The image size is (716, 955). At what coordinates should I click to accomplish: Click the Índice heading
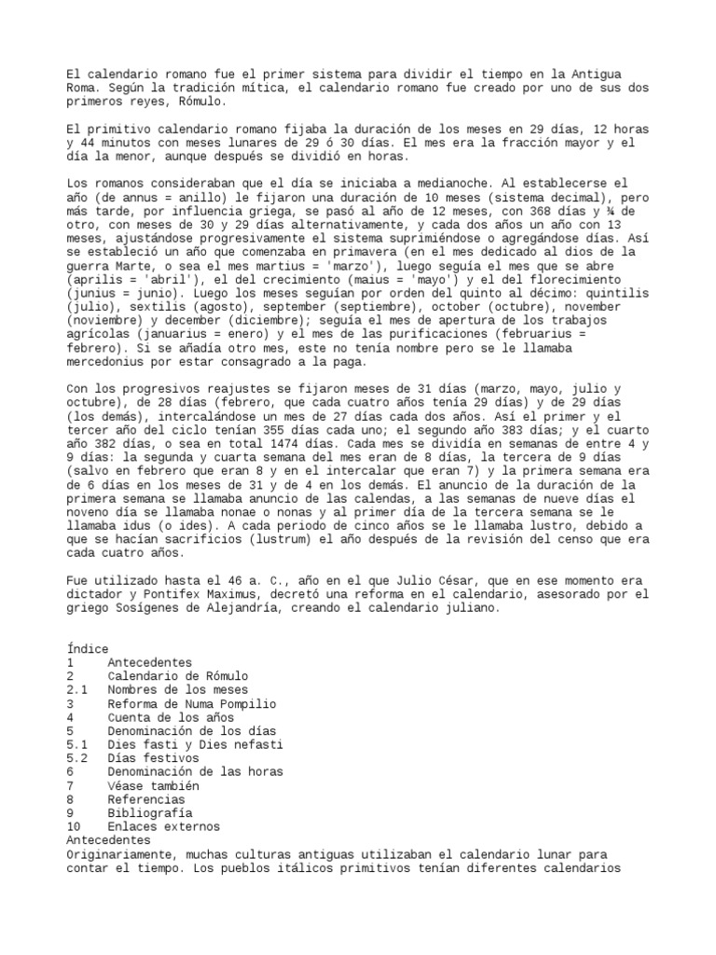[88, 648]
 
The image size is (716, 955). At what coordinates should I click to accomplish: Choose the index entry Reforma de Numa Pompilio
[191, 704]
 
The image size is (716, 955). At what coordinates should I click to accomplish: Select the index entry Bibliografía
[151, 812]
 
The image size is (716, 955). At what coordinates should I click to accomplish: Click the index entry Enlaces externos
[164, 826]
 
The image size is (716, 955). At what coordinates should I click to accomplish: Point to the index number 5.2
[77, 758]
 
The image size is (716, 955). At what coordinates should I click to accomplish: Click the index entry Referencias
[146, 799]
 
